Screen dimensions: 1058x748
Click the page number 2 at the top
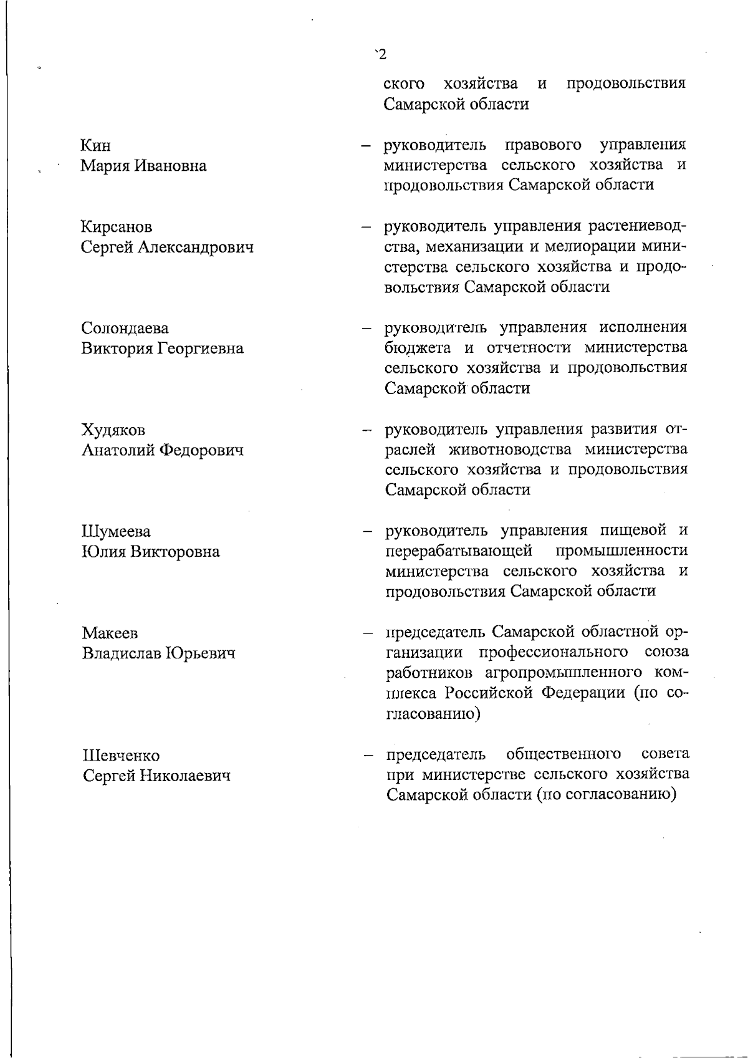click(x=382, y=54)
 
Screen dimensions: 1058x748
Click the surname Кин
click(x=96, y=146)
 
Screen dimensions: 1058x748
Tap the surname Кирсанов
click(x=117, y=227)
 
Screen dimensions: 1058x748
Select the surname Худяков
click(x=113, y=430)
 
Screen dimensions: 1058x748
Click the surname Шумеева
click(x=116, y=532)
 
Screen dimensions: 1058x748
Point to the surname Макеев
click(x=110, y=633)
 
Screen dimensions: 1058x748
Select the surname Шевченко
click(x=121, y=756)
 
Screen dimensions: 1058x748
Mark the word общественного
click(x=563, y=754)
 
